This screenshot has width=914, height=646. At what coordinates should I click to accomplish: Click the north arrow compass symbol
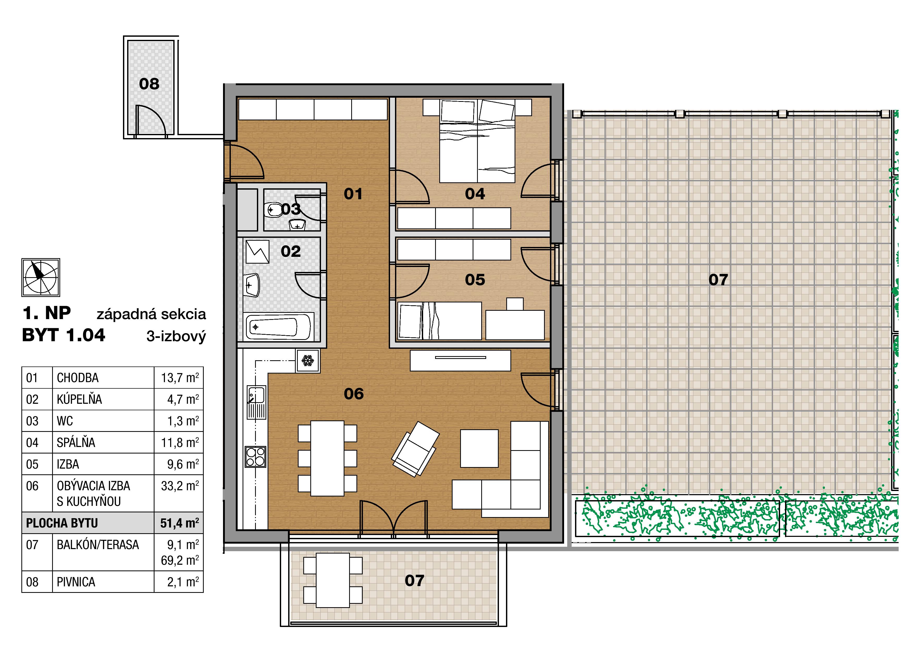pyautogui.click(x=41, y=277)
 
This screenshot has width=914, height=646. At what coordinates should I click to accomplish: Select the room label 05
pyautogui.click(x=475, y=280)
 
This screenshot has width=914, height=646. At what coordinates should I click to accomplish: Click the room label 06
pyautogui.click(x=354, y=394)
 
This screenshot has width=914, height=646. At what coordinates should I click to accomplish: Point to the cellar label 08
pyautogui.click(x=149, y=84)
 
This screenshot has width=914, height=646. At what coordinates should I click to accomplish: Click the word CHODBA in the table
pyautogui.click(x=78, y=378)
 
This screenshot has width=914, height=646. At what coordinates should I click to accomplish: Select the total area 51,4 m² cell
pyautogui.click(x=180, y=523)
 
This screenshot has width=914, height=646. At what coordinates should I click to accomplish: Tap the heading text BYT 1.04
pyautogui.click(x=64, y=335)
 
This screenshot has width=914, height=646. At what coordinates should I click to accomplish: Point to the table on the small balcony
pyautogui.click(x=333, y=580)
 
